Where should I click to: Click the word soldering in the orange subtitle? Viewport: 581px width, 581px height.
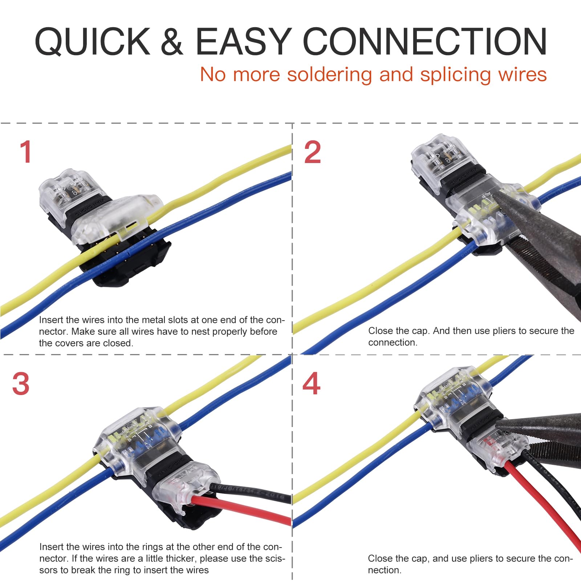(x=329, y=75)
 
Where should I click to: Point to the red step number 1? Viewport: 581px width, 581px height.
(x=26, y=152)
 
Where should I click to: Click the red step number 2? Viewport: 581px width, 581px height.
(x=312, y=152)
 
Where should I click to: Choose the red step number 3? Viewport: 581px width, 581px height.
(x=21, y=384)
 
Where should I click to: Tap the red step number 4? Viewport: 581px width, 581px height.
(x=311, y=384)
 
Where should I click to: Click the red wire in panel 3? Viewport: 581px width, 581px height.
(x=247, y=508)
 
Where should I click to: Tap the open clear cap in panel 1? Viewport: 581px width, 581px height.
(x=116, y=218)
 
